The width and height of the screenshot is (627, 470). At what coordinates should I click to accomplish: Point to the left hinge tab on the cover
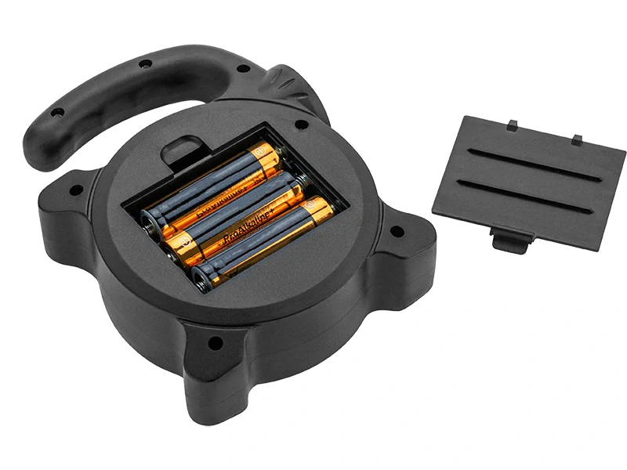[x=512, y=125]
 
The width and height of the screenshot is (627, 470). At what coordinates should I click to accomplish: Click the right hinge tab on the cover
[x=577, y=139]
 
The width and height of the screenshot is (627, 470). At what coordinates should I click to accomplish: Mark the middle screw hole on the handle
[x=145, y=63]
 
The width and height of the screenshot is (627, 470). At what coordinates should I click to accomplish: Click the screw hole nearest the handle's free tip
[x=56, y=113]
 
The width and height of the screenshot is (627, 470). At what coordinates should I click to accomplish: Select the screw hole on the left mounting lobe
[x=75, y=189]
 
